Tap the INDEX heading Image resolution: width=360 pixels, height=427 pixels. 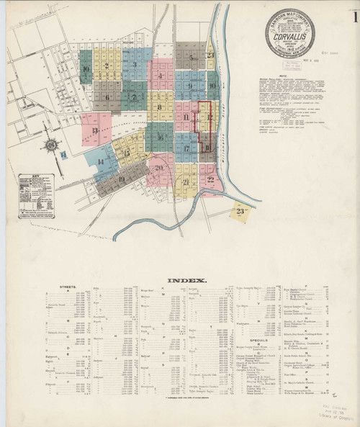tap(186, 281)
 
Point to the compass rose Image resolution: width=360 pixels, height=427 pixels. tap(51, 145)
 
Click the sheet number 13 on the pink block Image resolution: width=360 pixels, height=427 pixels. tap(95, 131)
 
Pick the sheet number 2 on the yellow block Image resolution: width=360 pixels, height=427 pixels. tap(107, 67)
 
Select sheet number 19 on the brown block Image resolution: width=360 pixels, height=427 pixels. tap(122, 179)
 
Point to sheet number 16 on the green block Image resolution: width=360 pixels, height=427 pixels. tap(160, 137)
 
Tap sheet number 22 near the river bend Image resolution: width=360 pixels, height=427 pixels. tap(210, 179)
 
